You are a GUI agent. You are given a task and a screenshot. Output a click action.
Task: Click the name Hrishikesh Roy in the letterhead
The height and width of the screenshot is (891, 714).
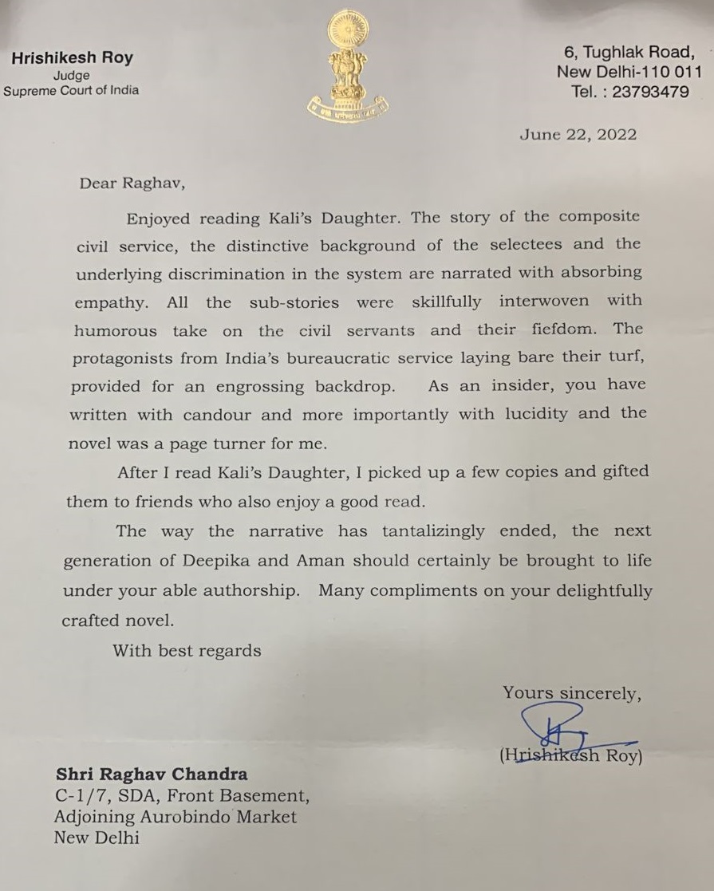[72, 57]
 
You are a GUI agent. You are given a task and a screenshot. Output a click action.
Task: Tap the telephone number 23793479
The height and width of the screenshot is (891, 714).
[650, 91]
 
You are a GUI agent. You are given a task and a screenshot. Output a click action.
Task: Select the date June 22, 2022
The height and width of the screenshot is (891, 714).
[578, 134]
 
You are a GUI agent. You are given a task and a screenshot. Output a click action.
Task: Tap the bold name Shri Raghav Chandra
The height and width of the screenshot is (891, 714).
[151, 774]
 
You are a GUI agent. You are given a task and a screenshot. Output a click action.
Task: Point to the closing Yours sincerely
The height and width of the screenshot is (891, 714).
[572, 693]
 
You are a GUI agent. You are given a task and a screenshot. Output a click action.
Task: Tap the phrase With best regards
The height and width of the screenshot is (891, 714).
[187, 650]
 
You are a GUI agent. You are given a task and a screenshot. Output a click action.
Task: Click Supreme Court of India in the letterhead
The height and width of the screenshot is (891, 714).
[71, 90]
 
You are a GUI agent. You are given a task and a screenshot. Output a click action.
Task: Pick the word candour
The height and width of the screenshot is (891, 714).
[217, 415]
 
